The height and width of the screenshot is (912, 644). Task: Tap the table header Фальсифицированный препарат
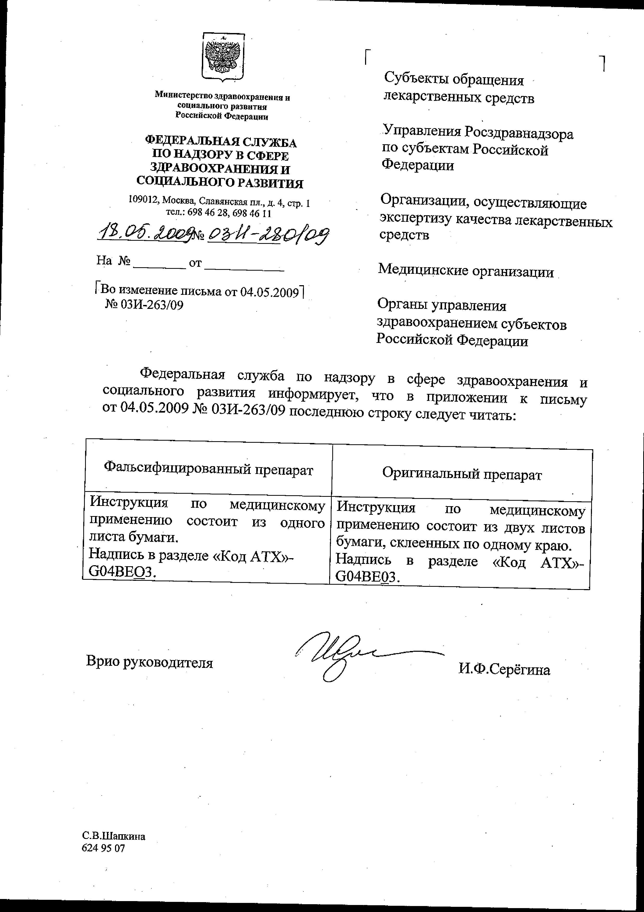[x=208, y=470]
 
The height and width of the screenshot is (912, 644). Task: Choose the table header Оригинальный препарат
[x=462, y=474]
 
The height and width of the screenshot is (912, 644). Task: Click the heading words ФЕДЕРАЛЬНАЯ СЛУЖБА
[x=221, y=142]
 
